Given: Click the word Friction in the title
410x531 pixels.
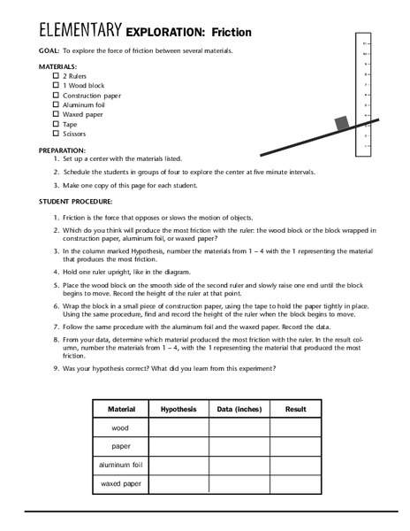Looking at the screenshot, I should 230,32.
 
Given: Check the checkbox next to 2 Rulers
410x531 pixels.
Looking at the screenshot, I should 56,76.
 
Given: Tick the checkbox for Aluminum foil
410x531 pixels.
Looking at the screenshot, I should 56,104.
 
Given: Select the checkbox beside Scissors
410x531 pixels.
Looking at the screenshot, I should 56,133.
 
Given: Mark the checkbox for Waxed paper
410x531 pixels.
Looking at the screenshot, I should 56,114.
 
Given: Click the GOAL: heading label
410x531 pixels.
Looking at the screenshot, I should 49,51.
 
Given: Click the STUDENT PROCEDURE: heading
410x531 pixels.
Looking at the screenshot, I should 77,202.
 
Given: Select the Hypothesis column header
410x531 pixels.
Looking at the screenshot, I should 178,410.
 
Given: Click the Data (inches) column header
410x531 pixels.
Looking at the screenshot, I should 238,410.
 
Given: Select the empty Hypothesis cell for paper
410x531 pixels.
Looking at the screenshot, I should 178,447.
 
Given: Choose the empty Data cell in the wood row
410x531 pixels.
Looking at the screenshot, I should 238,427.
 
